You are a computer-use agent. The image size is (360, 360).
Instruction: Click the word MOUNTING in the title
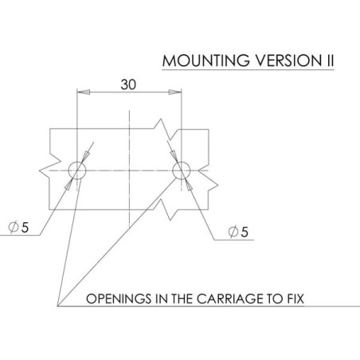(206, 61)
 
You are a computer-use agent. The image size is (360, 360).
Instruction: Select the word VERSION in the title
(288, 61)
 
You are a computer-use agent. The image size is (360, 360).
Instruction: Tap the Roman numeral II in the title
(329, 61)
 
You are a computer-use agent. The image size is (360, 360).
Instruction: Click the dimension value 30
(128, 84)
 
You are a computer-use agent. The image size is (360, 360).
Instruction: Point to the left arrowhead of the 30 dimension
(83, 92)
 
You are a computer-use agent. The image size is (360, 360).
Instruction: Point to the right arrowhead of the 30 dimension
(175, 92)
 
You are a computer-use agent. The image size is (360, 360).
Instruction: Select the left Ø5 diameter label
(18, 228)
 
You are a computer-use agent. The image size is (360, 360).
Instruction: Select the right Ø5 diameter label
(238, 232)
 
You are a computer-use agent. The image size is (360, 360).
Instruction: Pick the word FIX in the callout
(295, 299)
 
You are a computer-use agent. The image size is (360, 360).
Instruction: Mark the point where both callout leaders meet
(58, 306)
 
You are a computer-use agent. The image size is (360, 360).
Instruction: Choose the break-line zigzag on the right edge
(209, 181)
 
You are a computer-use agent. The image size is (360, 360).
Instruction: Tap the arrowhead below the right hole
(188, 185)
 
